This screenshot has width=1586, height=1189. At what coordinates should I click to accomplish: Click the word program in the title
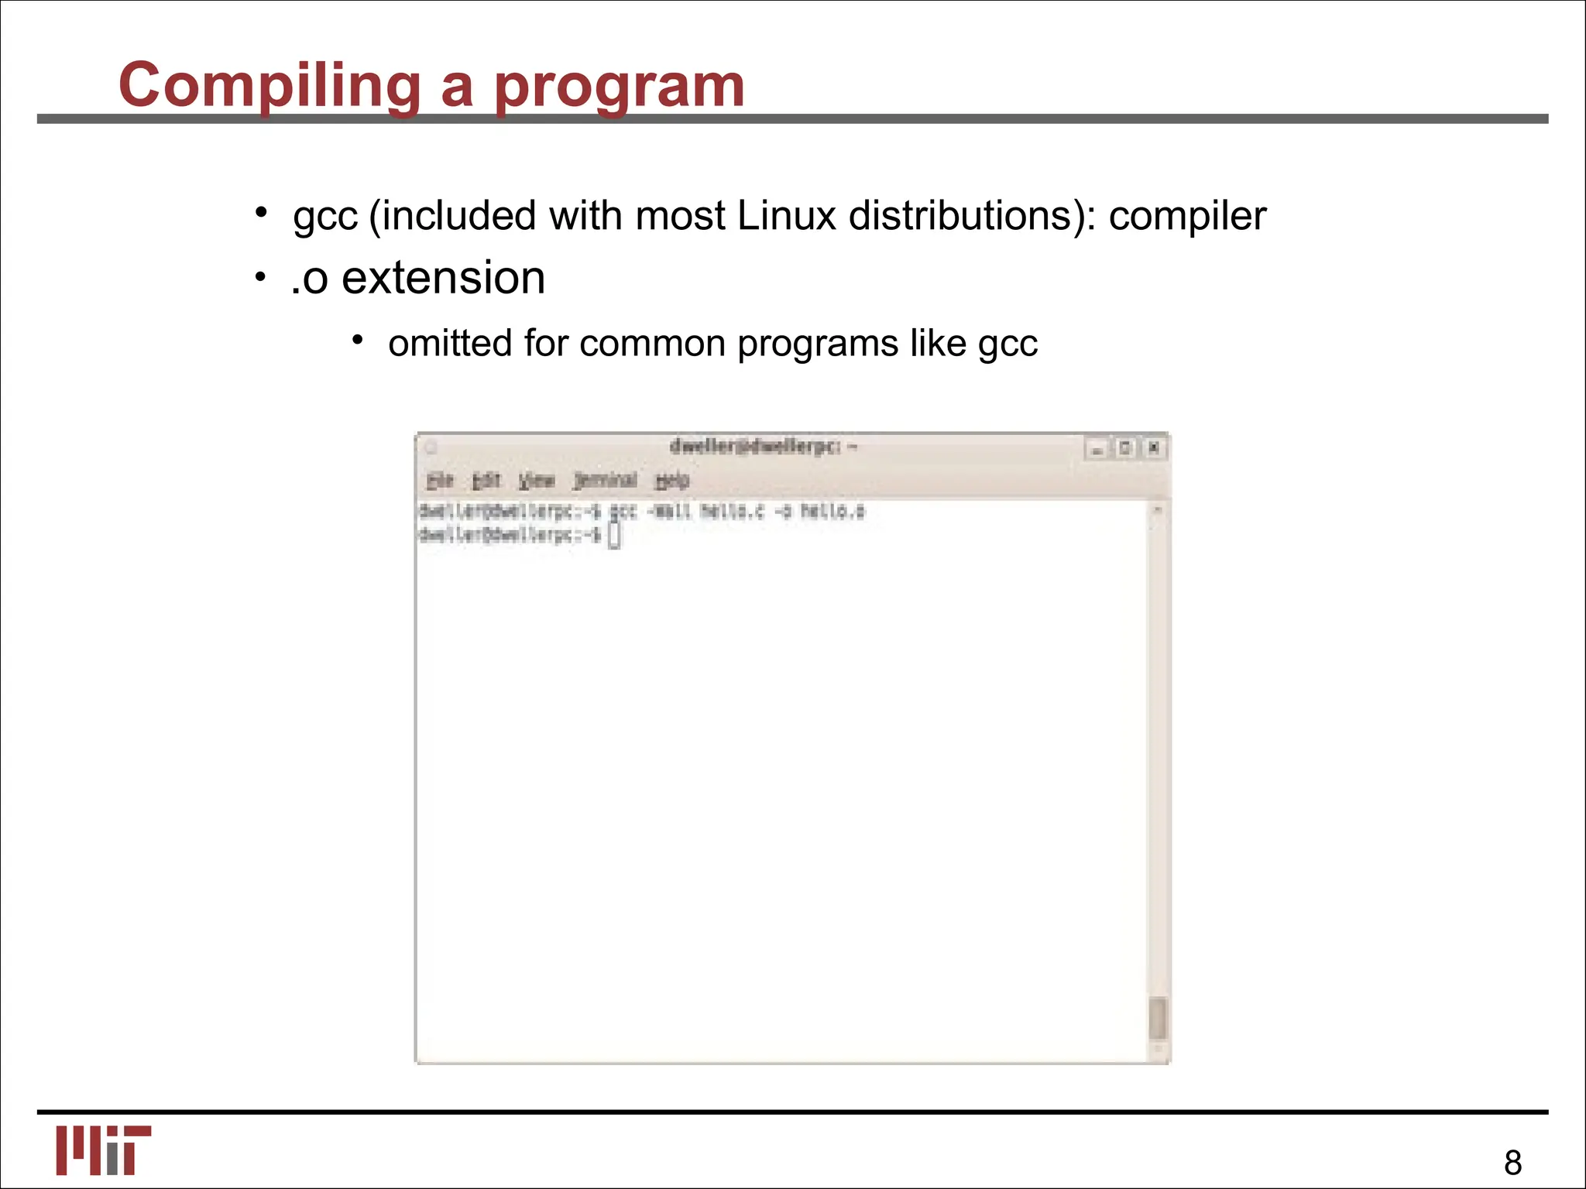(619, 87)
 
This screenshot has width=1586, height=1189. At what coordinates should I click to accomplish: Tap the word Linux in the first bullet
(787, 215)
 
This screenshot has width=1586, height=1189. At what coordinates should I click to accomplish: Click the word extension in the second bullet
(443, 278)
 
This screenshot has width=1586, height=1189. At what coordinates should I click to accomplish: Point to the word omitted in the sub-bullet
(449, 343)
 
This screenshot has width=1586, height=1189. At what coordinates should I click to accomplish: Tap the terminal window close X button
(1154, 448)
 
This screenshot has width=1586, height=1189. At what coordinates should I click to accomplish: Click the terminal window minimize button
(1097, 449)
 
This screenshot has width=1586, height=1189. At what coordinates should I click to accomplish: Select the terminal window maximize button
(1125, 448)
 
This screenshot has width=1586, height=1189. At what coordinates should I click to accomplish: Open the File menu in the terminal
(439, 481)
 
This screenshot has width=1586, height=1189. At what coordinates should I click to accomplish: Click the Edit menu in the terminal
(486, 481)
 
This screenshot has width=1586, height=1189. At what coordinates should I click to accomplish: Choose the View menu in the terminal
(537, 481)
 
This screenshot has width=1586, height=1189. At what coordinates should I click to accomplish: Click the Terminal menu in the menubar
(606, 481)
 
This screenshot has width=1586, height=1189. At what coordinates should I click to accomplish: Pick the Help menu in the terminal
(671, 481)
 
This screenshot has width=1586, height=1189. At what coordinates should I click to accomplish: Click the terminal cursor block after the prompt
(614, 536)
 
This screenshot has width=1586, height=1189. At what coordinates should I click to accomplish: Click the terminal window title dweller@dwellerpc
(762, 447)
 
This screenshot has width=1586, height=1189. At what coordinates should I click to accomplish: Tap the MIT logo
(103, 1150)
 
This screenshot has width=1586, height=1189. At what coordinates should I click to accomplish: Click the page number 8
(1512, 1163)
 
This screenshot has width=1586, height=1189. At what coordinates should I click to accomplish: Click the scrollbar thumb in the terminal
(1157, 1018)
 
